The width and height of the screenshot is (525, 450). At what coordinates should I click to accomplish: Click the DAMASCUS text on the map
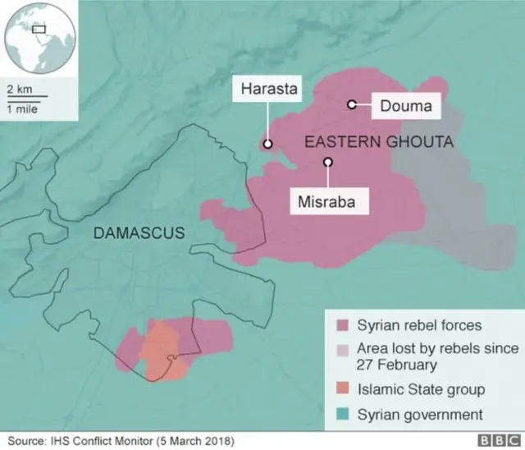[x=139, y=233]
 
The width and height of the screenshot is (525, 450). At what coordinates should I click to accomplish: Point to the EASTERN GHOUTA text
[x=378, y=142]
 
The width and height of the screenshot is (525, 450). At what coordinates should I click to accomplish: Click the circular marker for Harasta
[x=267, y=145]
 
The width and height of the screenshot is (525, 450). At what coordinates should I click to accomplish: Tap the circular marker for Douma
[x=352, y=104]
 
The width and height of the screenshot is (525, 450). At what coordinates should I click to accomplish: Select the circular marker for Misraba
[x=327, y=162]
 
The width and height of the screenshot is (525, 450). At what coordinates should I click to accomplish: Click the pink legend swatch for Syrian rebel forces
[x=340, y=326]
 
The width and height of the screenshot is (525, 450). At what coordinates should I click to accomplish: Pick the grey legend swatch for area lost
[x=340, y=349]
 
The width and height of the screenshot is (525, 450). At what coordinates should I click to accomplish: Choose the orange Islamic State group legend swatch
[x=340, y=389]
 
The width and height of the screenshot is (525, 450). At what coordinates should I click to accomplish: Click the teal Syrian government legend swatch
[x=340, y=415]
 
